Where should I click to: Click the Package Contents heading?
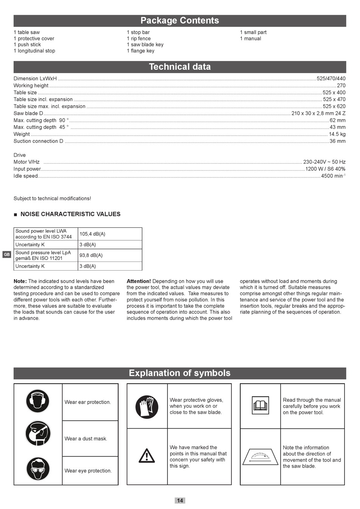180,20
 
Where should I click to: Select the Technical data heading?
180,67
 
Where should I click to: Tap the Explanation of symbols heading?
180,373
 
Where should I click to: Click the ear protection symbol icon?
38,401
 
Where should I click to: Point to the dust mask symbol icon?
38,434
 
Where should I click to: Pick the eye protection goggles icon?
38,469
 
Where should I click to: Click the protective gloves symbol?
147,407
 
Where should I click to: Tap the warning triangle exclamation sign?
147,455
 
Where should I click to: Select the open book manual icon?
260,406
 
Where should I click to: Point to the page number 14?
180,500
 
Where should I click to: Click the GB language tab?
7,255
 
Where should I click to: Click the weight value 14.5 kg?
337,134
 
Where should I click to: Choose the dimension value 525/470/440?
331,79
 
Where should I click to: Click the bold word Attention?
139,281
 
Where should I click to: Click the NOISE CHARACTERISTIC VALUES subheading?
70,214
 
